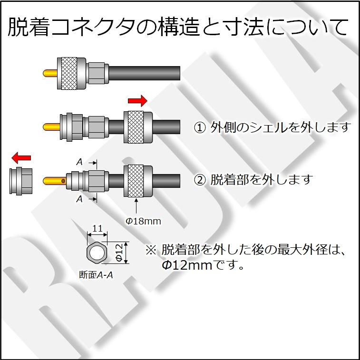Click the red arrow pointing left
tap(21, 157)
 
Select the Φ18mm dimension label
tap(143, 221)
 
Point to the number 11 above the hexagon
tap(97, 228)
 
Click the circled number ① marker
tap(200, 127)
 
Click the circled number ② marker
tap(200, 180)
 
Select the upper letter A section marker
tap(79, 162)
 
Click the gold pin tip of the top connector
tap(49, 74)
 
